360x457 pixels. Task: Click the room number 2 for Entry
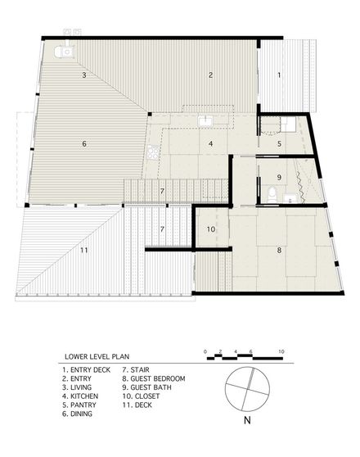[x=210, y=75]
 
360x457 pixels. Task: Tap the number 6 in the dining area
[x=84, y=143]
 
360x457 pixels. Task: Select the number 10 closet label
[x=211, y=229]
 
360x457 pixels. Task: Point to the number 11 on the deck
[x=84, y=250]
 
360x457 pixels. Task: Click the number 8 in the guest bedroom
[x=279, y=250]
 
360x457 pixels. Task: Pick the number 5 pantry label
[x=279, y=143]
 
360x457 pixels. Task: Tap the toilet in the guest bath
[x=272, y=195]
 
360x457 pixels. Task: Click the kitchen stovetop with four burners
[x=154, y=152]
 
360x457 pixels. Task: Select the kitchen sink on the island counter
[x=206, y=120]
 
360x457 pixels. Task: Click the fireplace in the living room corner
[x=65, y=52]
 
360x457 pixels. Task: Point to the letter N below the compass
[x=247, y=421]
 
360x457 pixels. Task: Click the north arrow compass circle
[x=248, y=389]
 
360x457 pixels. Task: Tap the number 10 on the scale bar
[x=281, y=352]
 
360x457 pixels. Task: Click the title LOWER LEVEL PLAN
[x=97, y=356]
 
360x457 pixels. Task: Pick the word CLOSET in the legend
[x=147, y=396]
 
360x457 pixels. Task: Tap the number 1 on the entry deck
[x=279, y=75]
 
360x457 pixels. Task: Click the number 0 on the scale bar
[x=205, y=352]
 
